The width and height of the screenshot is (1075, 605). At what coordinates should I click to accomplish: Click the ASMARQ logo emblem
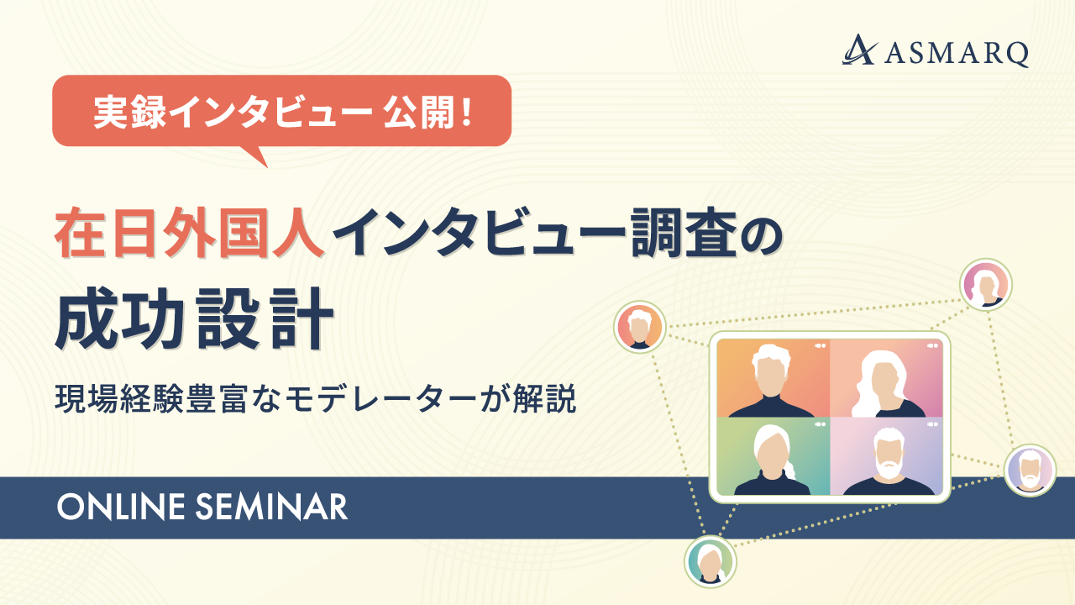pos(860,50)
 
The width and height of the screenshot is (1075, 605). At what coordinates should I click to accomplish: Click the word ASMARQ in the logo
pos(957,54)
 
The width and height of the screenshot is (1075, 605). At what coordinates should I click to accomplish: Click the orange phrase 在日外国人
pos(190,233)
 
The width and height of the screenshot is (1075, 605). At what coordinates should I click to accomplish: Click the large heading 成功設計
pos(194,318)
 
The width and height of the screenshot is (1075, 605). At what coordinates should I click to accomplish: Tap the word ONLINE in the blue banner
pos(120,507)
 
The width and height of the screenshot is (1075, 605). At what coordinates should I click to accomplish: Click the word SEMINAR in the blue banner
pos(271,507)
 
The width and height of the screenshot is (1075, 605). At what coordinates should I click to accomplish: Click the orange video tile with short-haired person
pos(773,378)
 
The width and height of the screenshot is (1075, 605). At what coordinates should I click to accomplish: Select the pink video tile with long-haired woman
pos(886,378)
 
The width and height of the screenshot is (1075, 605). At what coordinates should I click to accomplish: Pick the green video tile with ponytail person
pos(773,456)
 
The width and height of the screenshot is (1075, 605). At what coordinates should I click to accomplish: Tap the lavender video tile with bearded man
pos(886,456)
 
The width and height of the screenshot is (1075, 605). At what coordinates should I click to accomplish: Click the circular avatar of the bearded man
pos(1030,470)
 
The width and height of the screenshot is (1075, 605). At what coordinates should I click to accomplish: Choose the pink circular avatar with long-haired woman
pos(986,285)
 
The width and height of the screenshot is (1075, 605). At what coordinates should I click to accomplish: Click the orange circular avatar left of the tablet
pos(639,327)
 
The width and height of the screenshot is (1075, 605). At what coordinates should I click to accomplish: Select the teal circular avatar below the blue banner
pos(710,561)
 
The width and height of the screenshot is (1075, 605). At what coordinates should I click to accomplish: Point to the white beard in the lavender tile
pos(888,466)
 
